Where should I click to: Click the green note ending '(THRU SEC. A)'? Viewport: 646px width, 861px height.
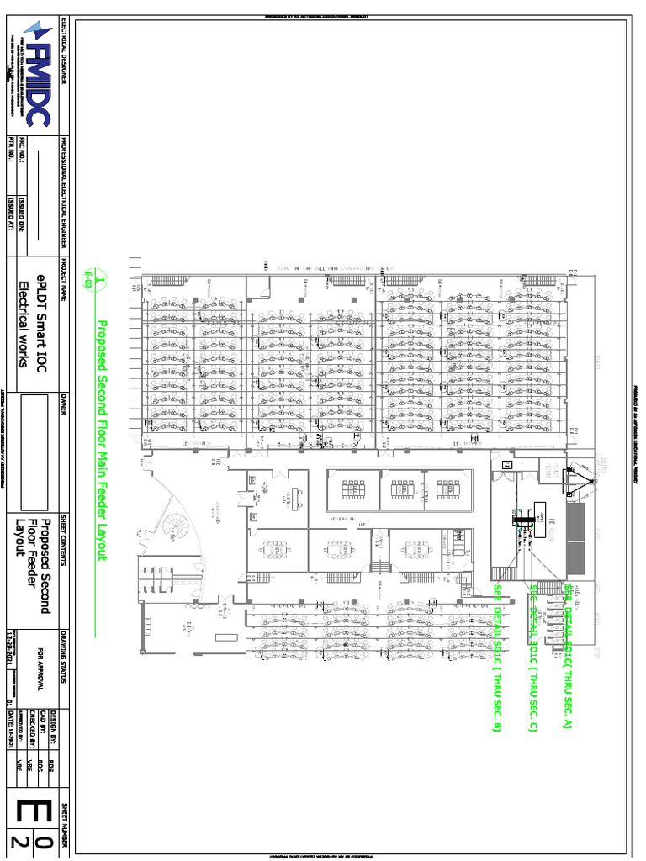(568, 655)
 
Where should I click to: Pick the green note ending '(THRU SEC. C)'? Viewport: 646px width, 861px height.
(532, 657)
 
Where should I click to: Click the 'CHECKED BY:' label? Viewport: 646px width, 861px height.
(31, 727)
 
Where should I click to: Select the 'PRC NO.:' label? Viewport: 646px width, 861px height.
(23, 152)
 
